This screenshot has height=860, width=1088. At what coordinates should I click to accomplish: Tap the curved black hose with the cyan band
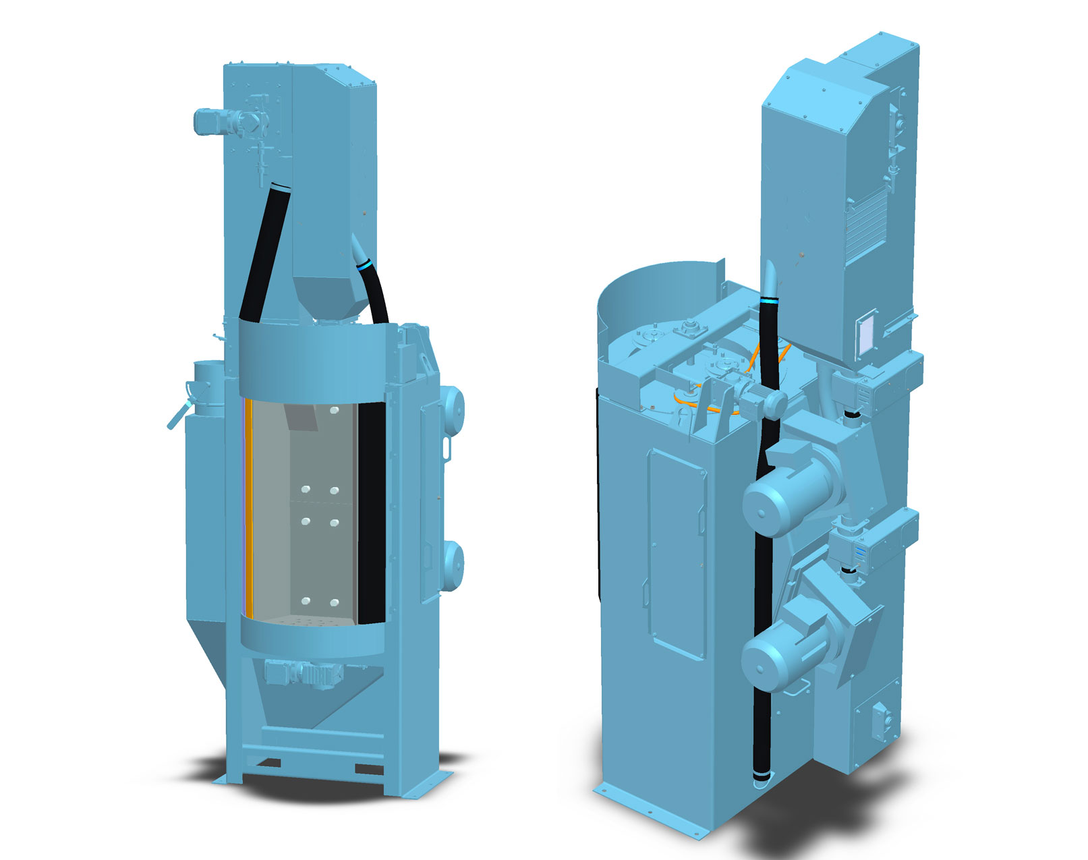(x=375, y=290)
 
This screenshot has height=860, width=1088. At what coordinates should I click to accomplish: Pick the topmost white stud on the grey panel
(x=334, y=410)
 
